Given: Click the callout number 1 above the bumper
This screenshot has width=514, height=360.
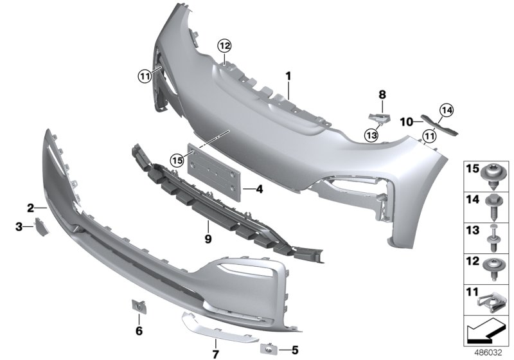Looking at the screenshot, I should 288,76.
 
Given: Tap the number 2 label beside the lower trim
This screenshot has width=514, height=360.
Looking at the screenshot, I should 30,208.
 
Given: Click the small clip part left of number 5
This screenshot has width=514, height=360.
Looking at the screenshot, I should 267,348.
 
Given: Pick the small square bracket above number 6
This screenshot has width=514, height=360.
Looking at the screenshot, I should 138,308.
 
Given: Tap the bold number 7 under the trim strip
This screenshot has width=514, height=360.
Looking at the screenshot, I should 216,354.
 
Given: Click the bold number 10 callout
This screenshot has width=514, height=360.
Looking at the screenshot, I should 406,122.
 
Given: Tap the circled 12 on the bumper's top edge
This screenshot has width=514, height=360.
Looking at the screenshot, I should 222,45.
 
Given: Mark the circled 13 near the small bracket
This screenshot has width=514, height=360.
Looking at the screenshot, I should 370,134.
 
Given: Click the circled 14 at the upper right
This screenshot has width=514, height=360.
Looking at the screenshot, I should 446,111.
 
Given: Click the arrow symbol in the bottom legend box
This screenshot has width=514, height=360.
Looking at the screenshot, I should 484,334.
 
